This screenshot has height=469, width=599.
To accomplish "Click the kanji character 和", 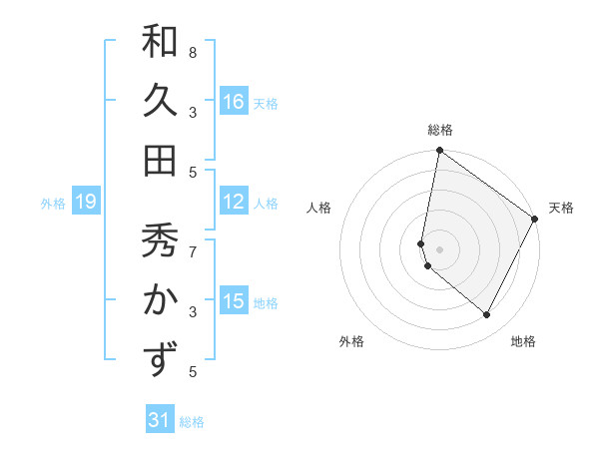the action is coord(160,43).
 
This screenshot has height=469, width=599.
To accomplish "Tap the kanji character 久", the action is coord(160,101).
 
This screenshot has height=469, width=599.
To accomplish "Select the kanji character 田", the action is coord(160,160).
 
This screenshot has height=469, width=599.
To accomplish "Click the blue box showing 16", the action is coord(234,101).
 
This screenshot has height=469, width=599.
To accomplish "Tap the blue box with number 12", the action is coord(234,202).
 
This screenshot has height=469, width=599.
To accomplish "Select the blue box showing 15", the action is coord(234,300).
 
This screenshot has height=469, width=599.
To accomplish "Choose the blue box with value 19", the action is coord(85,202).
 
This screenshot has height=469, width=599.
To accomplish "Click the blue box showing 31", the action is coord(160,420).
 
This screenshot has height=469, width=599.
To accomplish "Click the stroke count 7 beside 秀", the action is coord(193,250).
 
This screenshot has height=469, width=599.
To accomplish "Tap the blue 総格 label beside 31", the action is coord(192,422).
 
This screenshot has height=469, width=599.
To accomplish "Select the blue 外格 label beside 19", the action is coord(53,204).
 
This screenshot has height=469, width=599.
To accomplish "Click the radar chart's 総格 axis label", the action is coord(440,130).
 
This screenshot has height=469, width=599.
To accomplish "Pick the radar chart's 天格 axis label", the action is coord(561,208).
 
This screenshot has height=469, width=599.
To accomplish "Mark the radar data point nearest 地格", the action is coord(487,315).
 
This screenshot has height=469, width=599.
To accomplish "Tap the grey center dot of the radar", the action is coord(440,247).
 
